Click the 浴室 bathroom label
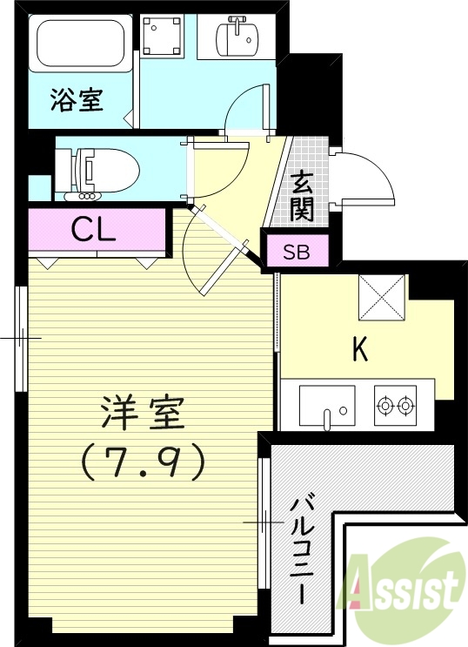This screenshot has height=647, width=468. tap(77, 100)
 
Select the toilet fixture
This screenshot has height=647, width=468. tap(109, 169)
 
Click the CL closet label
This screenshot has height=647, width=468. tap(94, 230)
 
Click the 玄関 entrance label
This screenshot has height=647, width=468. tap(303, 195)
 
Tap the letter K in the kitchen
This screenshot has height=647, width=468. tap(359, 350)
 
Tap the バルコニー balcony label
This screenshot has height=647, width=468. tap(302, 549)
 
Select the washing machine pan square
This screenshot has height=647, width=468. tap(162, 37)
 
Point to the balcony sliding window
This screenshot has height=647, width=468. tap(264, 522)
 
